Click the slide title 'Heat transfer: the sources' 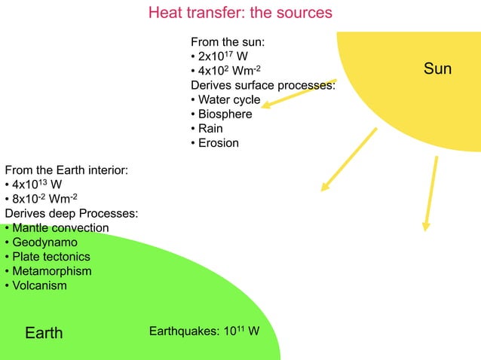click(240, 14)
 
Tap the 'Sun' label click(437, 69)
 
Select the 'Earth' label click(44, 333)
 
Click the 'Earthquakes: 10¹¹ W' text click(204, 331)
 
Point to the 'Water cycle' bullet click(228, 100)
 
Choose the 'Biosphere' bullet click(225, 114)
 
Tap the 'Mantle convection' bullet click(60, 228)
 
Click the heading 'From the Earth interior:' click(66, 171)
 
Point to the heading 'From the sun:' click(227, 42)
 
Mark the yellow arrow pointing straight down click(430, 193)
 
